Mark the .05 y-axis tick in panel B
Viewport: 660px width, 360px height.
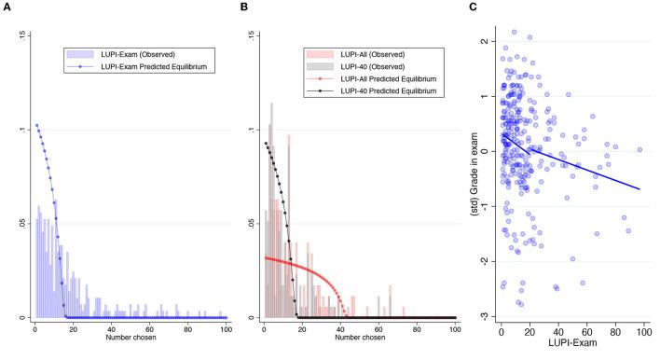pyautogui.click(x=252, y=224)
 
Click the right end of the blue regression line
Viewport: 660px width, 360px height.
pyautogui.click(x=640, y=189)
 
